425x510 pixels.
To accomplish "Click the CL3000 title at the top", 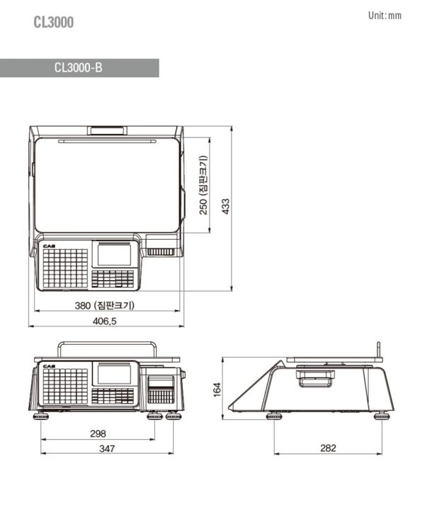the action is tap(54, 22).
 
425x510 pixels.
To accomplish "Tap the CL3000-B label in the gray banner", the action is tap(79, 67).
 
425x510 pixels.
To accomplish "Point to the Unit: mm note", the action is tap(385, 16).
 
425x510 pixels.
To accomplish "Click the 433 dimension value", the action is tap(225, 206).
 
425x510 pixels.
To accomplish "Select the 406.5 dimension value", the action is tap(104, 321).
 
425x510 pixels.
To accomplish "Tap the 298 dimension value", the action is tap(98, 433).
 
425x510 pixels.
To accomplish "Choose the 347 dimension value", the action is tap(107, 448).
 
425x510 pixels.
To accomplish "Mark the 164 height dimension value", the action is tap(217, 389).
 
